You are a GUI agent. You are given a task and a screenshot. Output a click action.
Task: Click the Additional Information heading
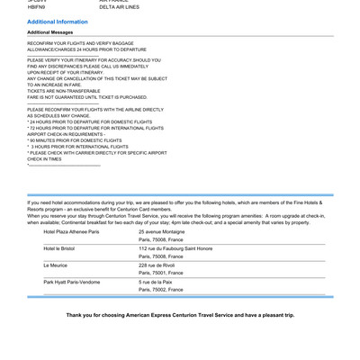click(58, 22)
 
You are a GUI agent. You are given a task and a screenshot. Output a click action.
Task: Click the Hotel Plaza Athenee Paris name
click(71, 231)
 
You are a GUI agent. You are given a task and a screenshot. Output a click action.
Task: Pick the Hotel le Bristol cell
click(59, 248)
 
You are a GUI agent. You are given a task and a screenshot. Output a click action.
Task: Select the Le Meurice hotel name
click(56, 265)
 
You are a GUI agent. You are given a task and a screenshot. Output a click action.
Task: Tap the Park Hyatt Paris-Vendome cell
click(72, 282)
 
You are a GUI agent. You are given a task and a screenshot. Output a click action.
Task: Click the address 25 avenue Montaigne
click(162, 231)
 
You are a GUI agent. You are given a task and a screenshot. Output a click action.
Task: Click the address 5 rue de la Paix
click(156, 282)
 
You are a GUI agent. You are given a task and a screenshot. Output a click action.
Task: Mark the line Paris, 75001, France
click(160, 274)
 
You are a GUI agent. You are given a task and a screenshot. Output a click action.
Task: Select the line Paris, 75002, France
click(160, 290)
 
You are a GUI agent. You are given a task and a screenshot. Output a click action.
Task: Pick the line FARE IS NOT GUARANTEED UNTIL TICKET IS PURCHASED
click(87, 97)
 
